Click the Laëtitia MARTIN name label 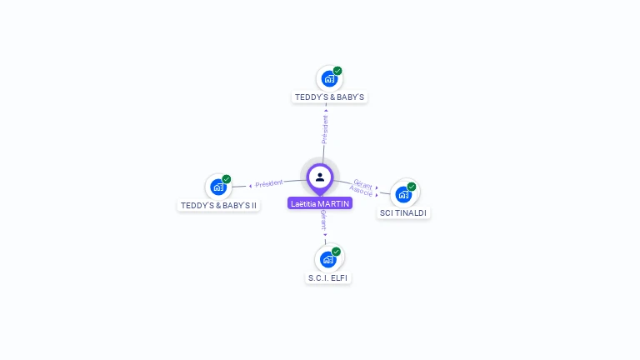pos(320,203)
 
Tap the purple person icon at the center pos(320,177)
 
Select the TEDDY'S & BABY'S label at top pos(330,97)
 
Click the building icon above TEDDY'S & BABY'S pos(329,79)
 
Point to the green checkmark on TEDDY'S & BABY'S pos(337,71)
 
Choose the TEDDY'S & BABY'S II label pos(219,205)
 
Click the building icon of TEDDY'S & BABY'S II pos(218,187)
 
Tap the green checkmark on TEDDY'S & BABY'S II pos(227,179)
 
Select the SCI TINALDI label pos(403,213)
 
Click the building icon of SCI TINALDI pos(403,195)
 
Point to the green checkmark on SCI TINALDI pos(412,187)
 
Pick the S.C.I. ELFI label pos(327,277)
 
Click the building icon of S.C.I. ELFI pos(327,259)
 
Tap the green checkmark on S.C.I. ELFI pos(336,252)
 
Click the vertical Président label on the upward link pos(325,129)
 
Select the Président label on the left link pos(269,183)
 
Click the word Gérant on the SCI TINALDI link pos(362,183)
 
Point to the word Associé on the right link pos(361,192)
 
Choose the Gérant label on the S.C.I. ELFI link pos(322,219)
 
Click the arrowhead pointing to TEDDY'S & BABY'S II pos(250,186)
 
